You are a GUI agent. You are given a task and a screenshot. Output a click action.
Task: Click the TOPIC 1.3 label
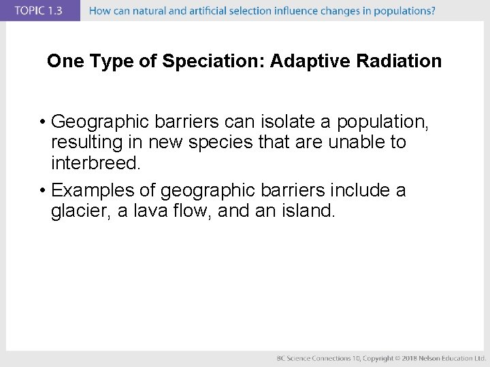click(39, 10)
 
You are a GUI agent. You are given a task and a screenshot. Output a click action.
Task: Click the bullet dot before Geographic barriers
click(42, 122)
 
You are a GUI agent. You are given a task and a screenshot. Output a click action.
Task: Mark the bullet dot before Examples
click(42, 191)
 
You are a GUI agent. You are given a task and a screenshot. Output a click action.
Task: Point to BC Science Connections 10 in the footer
click(318, 358)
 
